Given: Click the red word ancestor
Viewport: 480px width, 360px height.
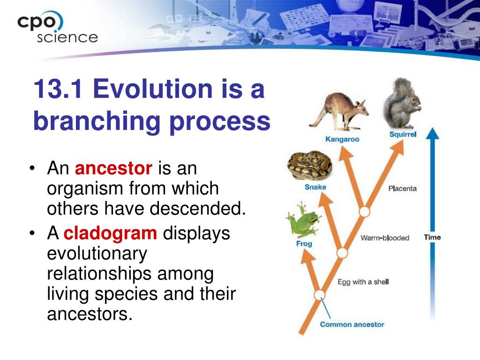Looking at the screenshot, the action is (113, 168).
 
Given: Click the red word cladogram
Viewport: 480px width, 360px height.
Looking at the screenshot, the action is (110, 233).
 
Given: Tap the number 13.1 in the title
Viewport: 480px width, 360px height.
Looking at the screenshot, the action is (58, 89).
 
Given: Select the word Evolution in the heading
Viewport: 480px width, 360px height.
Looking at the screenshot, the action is (152, 89).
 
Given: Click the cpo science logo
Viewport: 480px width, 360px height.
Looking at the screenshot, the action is (57, 27).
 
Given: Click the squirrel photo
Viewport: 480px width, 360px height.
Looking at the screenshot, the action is (402, 104).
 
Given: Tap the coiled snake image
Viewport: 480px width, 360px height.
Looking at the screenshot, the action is (309, 165).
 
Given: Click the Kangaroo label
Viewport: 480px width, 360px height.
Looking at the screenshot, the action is (342, 139).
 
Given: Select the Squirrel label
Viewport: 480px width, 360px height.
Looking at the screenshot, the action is (403, 135).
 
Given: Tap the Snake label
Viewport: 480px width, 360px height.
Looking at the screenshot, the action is (315, 187).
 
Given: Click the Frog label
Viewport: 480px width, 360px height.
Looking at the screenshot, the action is (304, 244).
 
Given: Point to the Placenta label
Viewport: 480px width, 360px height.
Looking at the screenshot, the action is (403, 188).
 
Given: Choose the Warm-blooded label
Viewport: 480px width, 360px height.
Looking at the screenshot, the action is (385, 238).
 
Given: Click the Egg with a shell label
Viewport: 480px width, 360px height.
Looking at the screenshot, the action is (363, 282).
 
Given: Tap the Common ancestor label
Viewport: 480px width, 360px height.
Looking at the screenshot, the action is (352, 324).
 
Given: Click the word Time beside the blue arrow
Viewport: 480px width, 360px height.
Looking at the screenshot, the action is (432, 237).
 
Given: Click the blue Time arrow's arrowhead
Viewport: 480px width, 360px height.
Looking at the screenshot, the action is (433, 134).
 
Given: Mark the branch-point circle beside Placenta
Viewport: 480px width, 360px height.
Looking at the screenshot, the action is (364, 212).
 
